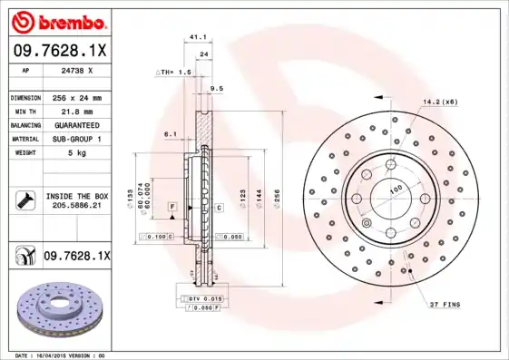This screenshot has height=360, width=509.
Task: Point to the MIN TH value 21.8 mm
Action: (73, 111)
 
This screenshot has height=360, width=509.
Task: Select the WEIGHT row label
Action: (23, 152)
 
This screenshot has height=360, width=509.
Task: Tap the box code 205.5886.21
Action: (76, 206)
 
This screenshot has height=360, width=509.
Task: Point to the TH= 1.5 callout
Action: (174, 71)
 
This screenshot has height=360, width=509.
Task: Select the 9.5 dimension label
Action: (216, 88)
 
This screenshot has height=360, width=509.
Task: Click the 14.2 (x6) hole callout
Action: (439, 102)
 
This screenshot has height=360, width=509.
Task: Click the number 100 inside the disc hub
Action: (396, 189)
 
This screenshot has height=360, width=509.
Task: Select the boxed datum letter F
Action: (171, 208)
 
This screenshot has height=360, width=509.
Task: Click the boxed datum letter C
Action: (219, 208)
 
